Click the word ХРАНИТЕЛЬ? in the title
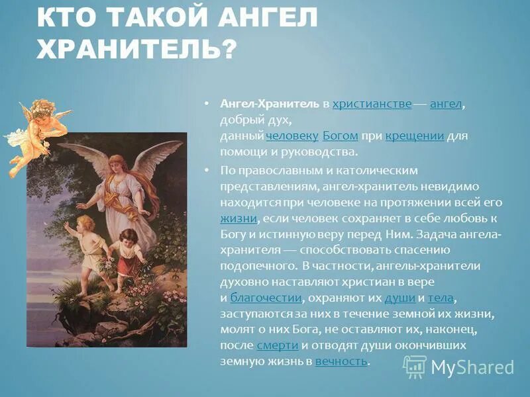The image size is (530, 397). (136, 49)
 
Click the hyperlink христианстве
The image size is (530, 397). (372, 105)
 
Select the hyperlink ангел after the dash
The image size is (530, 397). (445, 105)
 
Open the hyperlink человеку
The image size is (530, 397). (292, 136)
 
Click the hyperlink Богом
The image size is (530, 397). (341, 136)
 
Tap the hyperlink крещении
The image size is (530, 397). (414, 136)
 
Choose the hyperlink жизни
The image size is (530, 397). (238, 218)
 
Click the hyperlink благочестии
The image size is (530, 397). (266, 298)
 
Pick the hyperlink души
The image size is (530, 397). (399, 298)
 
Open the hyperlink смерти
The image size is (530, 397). (277, 345)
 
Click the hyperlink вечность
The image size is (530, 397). (341, 361)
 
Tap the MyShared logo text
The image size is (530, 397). (472, 367)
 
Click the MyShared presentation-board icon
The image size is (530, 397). (415, 367)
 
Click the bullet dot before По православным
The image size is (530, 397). (207, 169)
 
